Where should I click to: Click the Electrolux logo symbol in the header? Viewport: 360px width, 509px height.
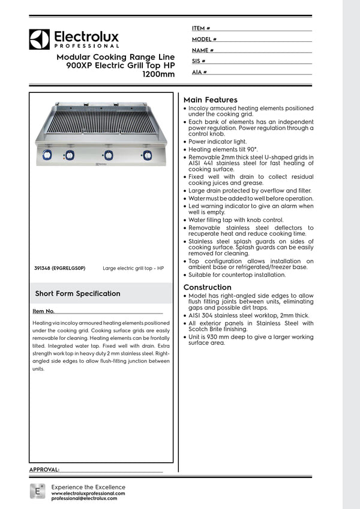click(40, 40)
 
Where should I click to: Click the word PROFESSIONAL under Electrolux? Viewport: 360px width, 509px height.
click(86, 46)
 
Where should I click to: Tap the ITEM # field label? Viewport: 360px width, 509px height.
click(200, 28)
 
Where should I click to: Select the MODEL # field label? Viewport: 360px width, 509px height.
click(204, 39)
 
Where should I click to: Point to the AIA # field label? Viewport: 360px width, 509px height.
click(199, 72)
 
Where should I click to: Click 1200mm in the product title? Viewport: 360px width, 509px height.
click(158, 75)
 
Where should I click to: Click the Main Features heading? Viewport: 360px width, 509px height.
click(210, 100)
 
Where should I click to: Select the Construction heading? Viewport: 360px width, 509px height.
click(207, 287)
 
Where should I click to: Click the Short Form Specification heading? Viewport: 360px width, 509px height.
click(77, 294)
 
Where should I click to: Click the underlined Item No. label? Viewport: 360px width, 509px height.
click(44, 312)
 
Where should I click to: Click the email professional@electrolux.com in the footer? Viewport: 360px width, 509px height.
click(88, 499)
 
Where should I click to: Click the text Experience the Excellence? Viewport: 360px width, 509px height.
click(88, 487)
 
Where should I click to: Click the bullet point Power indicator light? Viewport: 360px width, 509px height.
click(218, 141)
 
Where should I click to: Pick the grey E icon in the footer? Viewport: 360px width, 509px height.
click(37, 492)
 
